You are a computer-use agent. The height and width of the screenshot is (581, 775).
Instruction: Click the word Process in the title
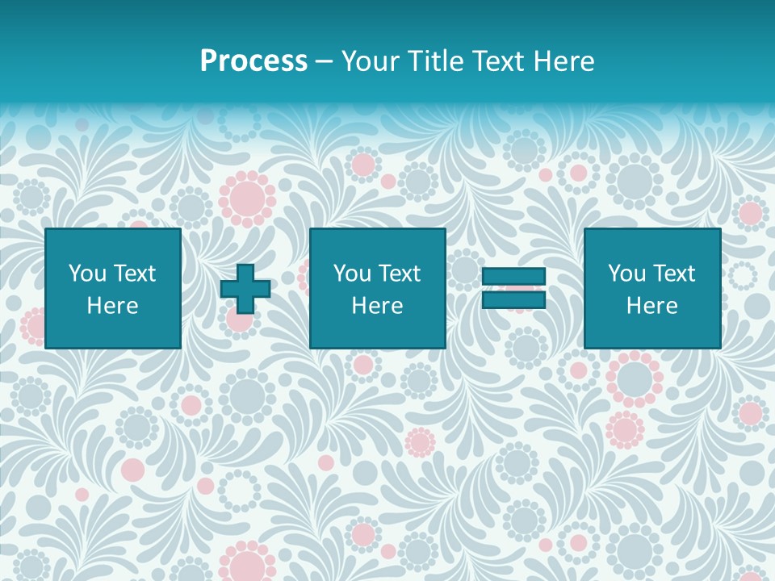pyautogui.click(x=253, y=61)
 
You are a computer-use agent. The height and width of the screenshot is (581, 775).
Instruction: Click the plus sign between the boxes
pyautogui.click(x=245, y=288)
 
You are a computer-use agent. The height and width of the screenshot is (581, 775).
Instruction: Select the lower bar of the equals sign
pyautogui.click(x=513, y=300)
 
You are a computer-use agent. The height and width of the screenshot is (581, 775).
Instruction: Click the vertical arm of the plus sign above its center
pyautogui.click(x=245, y=273)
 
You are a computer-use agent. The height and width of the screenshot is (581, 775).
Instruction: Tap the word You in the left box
pyautogui.click(x=87, y=274)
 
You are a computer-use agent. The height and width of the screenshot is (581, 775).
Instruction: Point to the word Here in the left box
pyautogui.click(x=112, y=306)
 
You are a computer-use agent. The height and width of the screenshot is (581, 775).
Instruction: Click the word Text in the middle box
pyautogui.click(x=400, y=274)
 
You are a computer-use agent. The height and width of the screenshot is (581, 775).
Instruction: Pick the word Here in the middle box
pyautogui.click(x=377, y=306)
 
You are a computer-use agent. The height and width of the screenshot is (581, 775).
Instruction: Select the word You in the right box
pyautogui.click(x=626, y=274)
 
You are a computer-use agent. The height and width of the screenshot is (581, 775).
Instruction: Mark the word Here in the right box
pyautogui.click(x=651, y=306)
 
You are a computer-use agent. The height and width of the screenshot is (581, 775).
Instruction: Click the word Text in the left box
pyautogui.click(x=136, y=274)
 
